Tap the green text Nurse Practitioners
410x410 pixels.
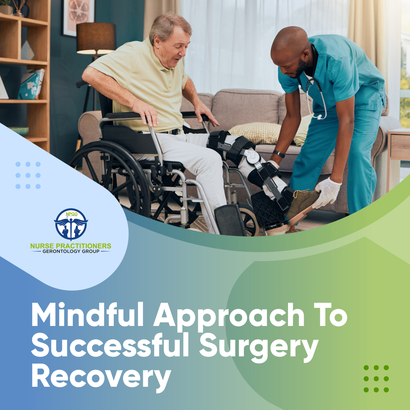(71, 246)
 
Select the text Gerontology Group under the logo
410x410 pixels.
(71, 251)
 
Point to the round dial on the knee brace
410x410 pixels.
(252, 156)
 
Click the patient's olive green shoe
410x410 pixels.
(302, 203)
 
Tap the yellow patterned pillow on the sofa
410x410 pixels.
(256, 133)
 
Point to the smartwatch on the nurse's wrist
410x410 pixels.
(279, 154)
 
